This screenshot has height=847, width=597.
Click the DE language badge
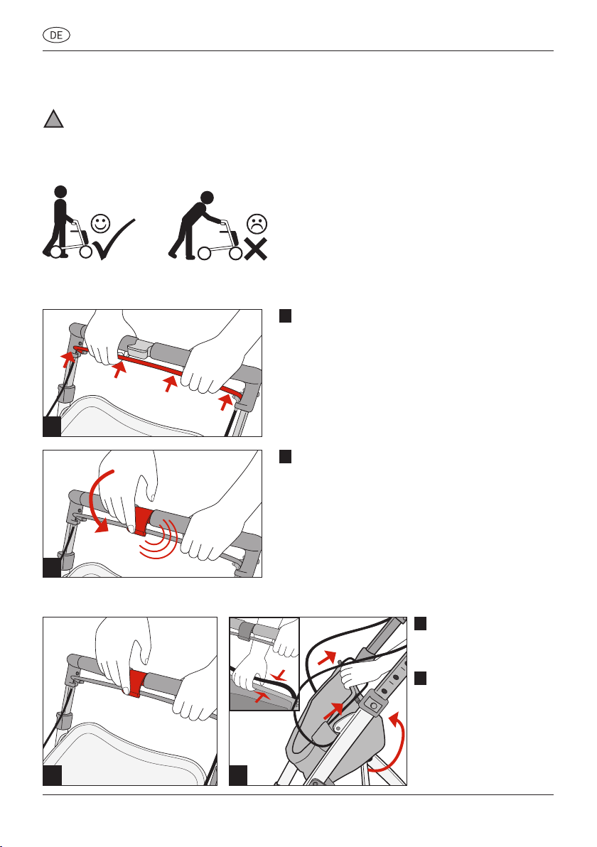[56, 36]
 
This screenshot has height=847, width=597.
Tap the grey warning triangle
[53, 119]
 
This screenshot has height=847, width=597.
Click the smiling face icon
[100, 222]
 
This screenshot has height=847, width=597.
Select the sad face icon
[257, 224]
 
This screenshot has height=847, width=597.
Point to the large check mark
[114, 240]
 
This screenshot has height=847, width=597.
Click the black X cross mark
[256, 249]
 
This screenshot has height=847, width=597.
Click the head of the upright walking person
[61, 192]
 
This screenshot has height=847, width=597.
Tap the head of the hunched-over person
[207, 197]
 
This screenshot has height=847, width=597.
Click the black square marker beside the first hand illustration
[285, 316]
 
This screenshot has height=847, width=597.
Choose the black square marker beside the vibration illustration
[285, 456]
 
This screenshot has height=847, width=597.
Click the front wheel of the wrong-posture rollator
[235, 253]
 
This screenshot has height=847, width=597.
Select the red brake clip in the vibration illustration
[143, 521]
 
